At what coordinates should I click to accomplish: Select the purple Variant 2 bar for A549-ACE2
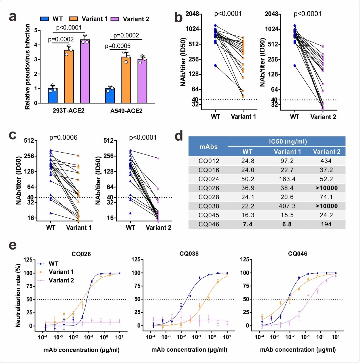pyautogui.click(x=142, y=81)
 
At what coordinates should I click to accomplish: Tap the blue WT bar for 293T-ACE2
pyautogui.click(x=53, y=96)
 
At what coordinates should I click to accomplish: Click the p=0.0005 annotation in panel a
pyautogui.click(x=118, y=46)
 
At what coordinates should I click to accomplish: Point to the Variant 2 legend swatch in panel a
pyautogui.click(x=115, y=19)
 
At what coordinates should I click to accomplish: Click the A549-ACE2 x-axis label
pyautogui.click(x=126, y=111)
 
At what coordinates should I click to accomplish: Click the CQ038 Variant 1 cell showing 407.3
pyautogui.click(x=287, y=206)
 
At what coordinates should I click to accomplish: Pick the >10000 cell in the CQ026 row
pyautogui.click(x=326, y=188)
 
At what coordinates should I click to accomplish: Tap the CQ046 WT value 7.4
pyautogui.click(x=247, y=224)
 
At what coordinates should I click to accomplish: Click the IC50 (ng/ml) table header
pyautogui.click(x=287, y=142)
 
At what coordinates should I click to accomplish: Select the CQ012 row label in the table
pyautogui.click(x=209, y=161)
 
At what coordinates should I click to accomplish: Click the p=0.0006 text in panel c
pyautogui.click(x=63, y=138)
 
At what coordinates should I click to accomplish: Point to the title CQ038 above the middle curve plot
pyautogui.click(x=189, y=254)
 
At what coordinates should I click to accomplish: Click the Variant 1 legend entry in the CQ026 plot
pyautogui.click(x=61, y=272)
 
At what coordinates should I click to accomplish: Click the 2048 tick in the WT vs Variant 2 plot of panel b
pyautogui.click(x=272, y=14)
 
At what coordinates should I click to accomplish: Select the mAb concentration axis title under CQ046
pyautogui.click(x=298, y=350)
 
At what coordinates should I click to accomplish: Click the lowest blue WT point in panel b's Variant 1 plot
pyautogui.click(x=215, y=66)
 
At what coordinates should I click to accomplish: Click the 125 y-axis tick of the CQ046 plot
pyautogui.click(x=244, y=259)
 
